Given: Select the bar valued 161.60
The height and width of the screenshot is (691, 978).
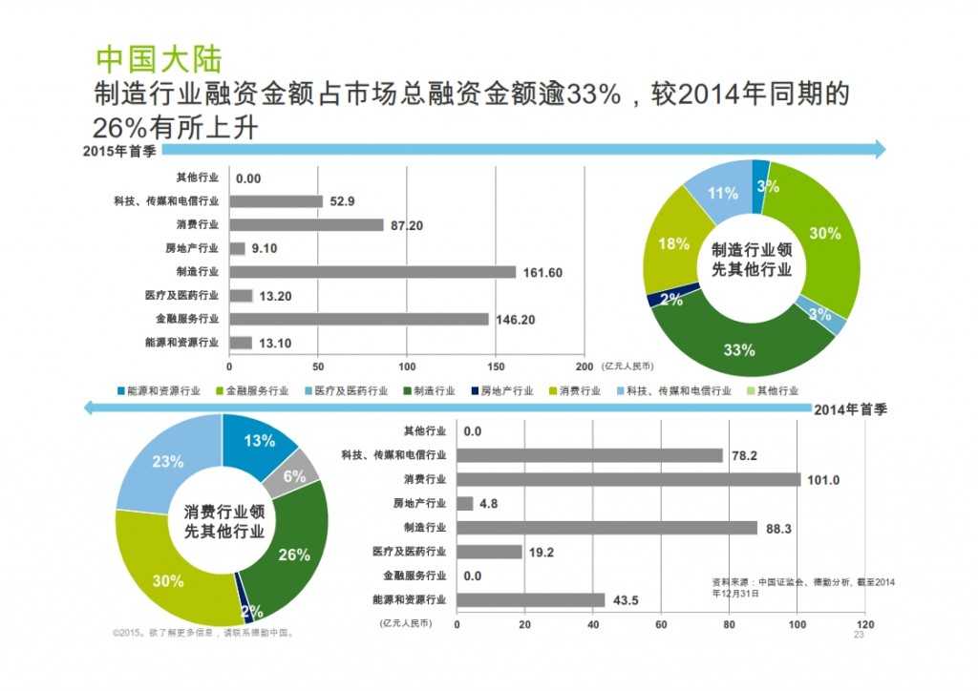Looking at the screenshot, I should (372, 272).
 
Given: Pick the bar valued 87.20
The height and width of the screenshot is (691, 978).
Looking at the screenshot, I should (307, 225).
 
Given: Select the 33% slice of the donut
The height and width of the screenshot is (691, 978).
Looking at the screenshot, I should (739, 349).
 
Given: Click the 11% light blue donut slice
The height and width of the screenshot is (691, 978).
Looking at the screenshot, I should (722, 194).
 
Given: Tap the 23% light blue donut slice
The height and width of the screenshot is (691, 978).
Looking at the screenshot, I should (167, 462).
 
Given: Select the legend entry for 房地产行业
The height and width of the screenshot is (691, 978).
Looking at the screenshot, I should (498, 390).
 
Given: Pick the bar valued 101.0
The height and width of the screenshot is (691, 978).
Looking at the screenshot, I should (629, 479).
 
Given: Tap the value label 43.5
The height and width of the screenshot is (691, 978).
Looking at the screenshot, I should (627, 599).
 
